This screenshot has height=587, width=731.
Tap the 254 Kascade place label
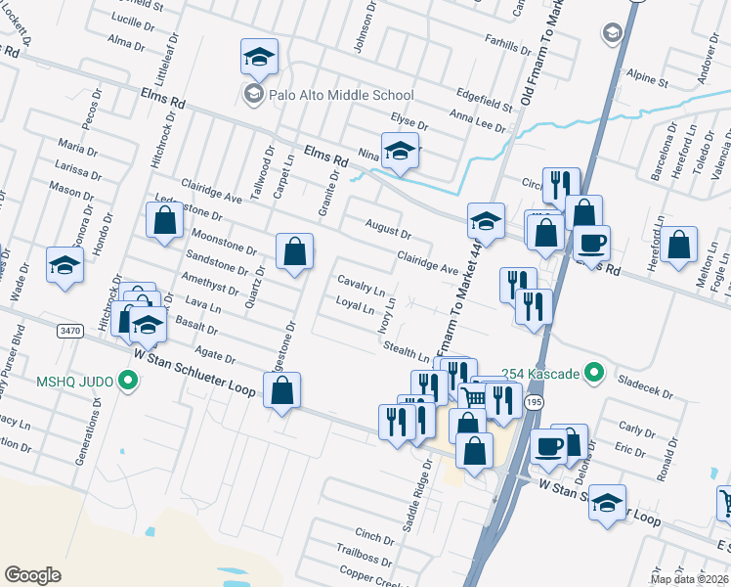pyautogui.click(x=540, y=373)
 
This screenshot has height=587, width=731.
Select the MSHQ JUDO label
pyautogui.click(x=76, y=381)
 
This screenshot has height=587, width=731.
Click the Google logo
pyautogui.click(x=32, y=574)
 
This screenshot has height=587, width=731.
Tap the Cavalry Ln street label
pyautogui.click(x=361, y=285)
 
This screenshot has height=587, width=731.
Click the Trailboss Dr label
pyautogui.click(x=365, y=557)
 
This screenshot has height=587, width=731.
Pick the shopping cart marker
pyautogui.click(x=473, y=395)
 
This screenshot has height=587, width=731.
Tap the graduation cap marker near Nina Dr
pyautogui.click(x=399, y=152)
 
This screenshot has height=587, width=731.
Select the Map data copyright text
pyautogui.click(x=687, y=578)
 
